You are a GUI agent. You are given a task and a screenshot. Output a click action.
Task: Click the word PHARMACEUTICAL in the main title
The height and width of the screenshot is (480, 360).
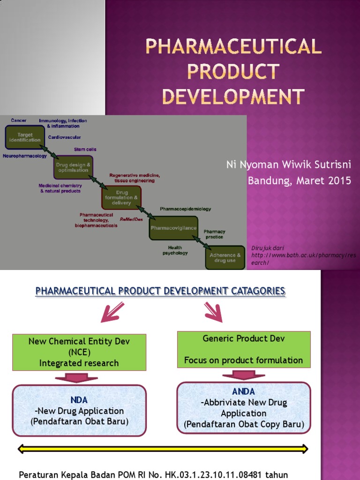pos(233,46)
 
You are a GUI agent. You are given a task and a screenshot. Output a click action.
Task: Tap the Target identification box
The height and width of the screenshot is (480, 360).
pos(25,137)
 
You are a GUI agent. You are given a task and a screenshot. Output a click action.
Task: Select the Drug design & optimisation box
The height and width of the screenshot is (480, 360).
pos(73,167)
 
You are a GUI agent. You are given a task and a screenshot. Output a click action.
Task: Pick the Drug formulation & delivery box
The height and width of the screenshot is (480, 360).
pos(121,197)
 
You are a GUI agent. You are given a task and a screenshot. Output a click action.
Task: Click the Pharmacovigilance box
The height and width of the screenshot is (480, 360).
pos(173,228)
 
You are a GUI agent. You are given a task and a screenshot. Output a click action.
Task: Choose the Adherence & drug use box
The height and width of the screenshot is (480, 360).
pos(225,258)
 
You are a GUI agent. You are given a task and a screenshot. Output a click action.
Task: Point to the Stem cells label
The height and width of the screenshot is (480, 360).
pos(85,150)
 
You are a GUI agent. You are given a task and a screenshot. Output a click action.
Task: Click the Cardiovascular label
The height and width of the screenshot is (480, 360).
pos(64,137)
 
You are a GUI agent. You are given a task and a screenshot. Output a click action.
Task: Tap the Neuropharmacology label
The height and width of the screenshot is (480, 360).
pos(25,156)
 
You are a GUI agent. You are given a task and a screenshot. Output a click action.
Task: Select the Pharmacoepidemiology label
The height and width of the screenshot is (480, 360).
pos(186,209)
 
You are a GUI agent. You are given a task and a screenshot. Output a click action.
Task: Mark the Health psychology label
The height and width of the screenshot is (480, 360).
pos(175,250)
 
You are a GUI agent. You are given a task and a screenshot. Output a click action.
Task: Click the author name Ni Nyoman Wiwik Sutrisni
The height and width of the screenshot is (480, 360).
pos(288,165)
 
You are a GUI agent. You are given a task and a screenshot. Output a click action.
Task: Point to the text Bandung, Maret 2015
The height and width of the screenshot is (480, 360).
pos(299,181)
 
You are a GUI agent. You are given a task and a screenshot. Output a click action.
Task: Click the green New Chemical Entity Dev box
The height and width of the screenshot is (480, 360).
pos(79,352)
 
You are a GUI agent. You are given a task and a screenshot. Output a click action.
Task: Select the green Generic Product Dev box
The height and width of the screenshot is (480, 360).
pos(244,349)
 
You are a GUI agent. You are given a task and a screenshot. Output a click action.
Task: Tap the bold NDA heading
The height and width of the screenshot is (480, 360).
pos(79,400)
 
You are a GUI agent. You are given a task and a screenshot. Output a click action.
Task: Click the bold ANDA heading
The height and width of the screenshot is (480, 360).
pos(243,391)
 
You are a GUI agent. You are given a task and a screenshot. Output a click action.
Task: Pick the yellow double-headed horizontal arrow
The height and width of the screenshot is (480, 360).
pos(163,449)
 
